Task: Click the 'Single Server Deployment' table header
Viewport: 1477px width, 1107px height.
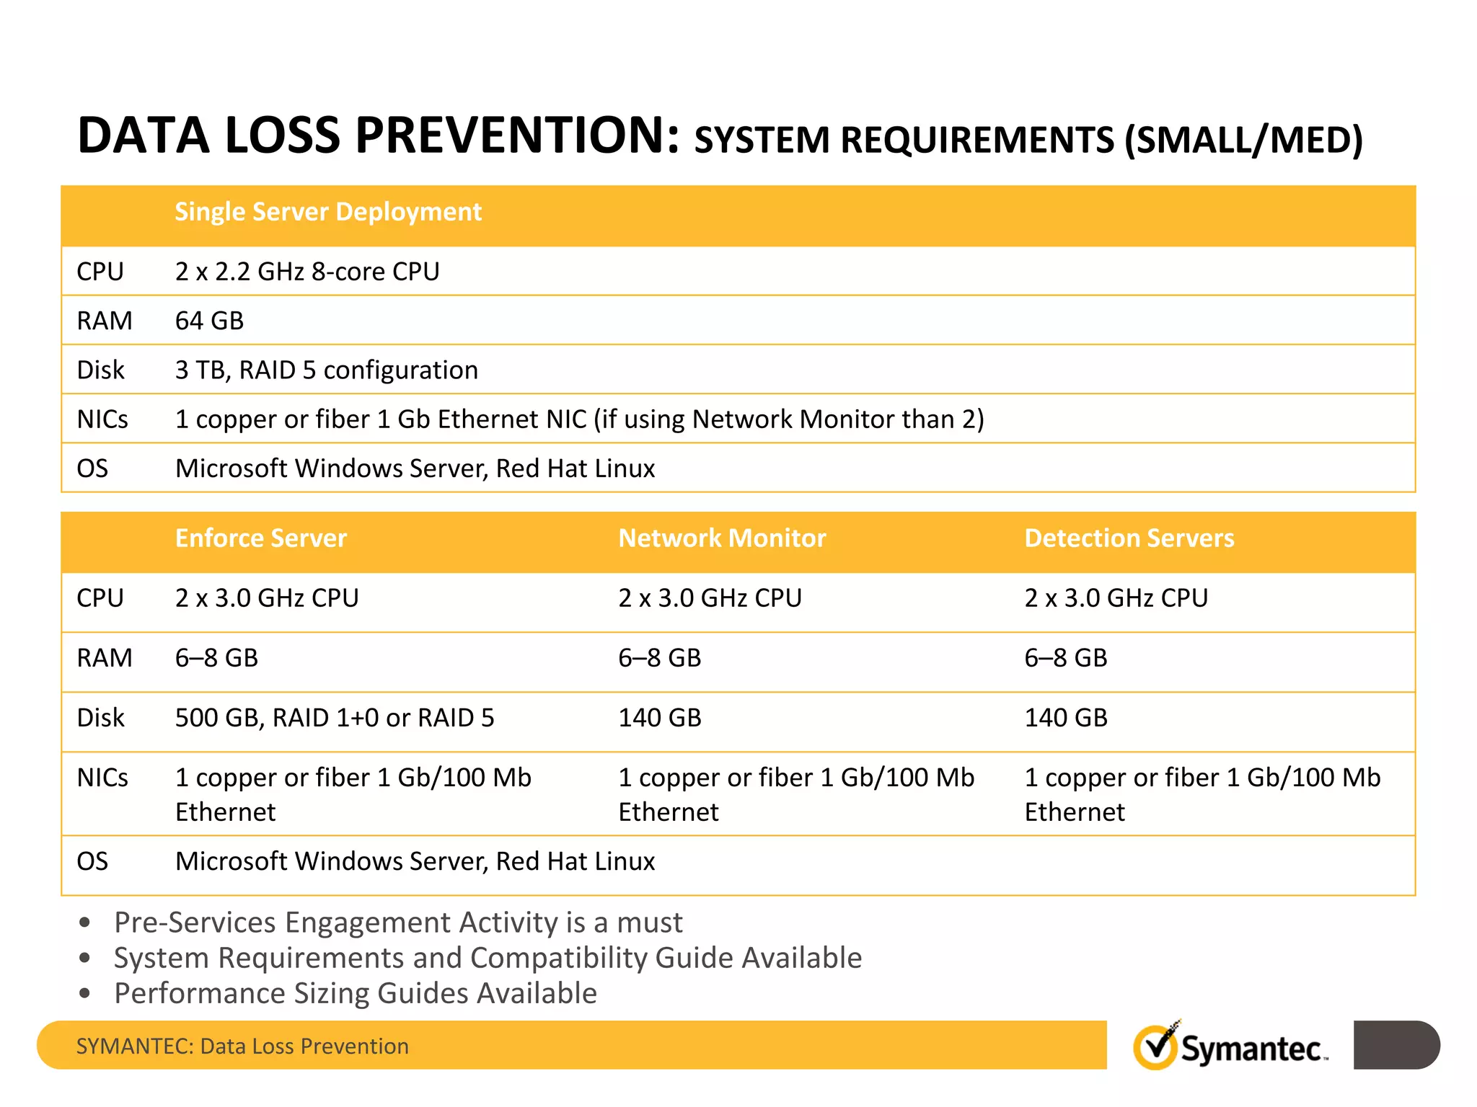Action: tap(328, 212)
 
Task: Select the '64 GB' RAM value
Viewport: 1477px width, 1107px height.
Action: tap(209, 321)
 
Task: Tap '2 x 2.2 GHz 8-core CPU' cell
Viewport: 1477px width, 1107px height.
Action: tap(307, 272)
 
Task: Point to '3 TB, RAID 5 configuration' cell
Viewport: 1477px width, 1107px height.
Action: tap(326, 370)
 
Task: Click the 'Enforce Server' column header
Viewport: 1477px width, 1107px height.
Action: tap(261, 538)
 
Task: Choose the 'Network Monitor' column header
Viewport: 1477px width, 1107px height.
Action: tap(722, 538)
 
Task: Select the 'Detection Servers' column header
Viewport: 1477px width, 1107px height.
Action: tap(1129, 538)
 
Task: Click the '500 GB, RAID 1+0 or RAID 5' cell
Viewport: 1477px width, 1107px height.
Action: tap(335, 718)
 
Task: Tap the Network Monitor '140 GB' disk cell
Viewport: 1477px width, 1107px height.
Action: tap(660, 718)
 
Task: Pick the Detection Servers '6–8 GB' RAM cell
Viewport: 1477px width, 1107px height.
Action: tap(1066, 658)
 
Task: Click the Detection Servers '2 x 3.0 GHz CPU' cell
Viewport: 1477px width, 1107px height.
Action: tap(1116, 598)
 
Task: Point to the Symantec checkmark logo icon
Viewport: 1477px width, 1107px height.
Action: tap(1156, 1046)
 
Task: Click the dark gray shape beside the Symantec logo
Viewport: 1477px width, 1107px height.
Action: tap(1396, 1045)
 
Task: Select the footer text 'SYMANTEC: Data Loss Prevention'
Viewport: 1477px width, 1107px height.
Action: tap(242, 1046)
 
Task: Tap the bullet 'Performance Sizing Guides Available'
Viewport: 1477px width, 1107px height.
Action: tap(356, 993)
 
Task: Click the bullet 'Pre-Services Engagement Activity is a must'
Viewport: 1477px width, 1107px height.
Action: tap(398, 922)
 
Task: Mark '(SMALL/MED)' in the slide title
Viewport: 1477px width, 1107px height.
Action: tap(1244, 140)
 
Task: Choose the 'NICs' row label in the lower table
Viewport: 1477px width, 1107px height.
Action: tap(102, 778)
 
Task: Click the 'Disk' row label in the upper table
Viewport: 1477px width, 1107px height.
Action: tap(100, 370)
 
